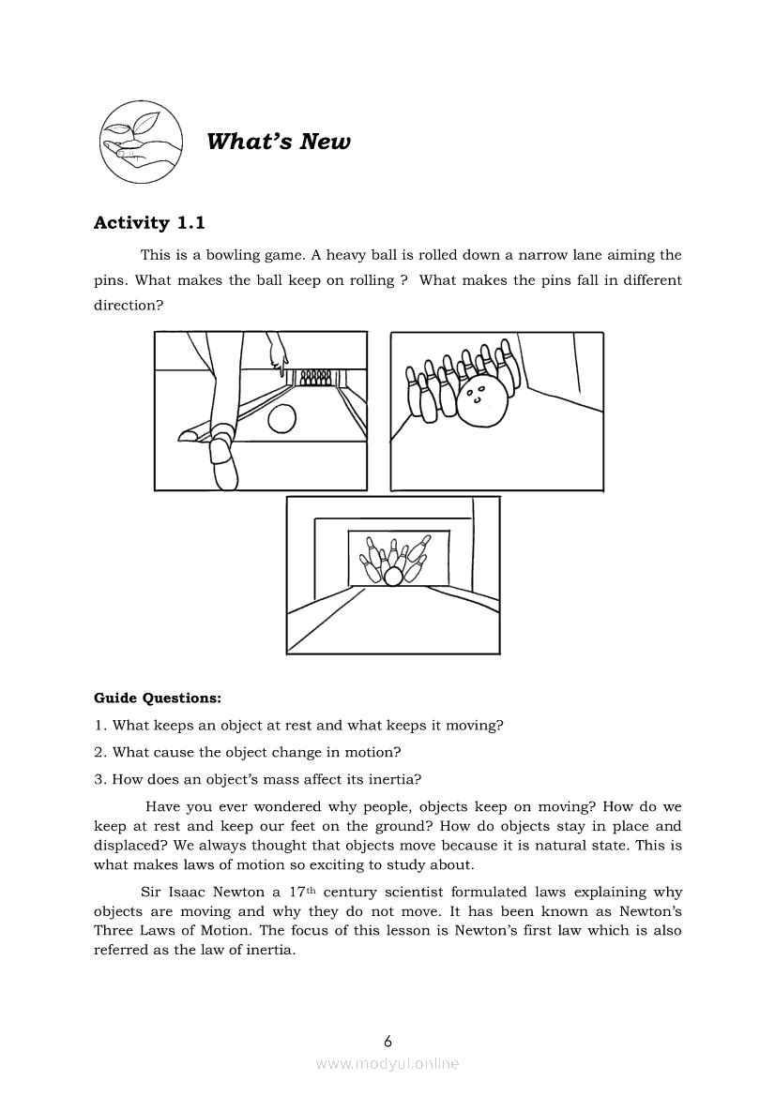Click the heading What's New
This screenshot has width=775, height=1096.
click(x=278, y=142)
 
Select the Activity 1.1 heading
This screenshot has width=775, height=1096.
click(x=149, y=223)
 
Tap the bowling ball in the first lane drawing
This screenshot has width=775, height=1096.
click(x=282, y=419)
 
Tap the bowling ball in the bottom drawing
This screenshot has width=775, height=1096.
click(x=393, y=577)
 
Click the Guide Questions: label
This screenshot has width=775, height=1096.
click(x=158, y=698)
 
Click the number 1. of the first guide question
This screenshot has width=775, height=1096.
click(x=100, y=726)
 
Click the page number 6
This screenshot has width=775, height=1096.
click(x=387, y=1041)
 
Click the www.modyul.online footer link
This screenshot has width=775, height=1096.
click(x=387, y=1063)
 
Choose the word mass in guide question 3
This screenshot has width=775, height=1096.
click(x=283, y=778)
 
